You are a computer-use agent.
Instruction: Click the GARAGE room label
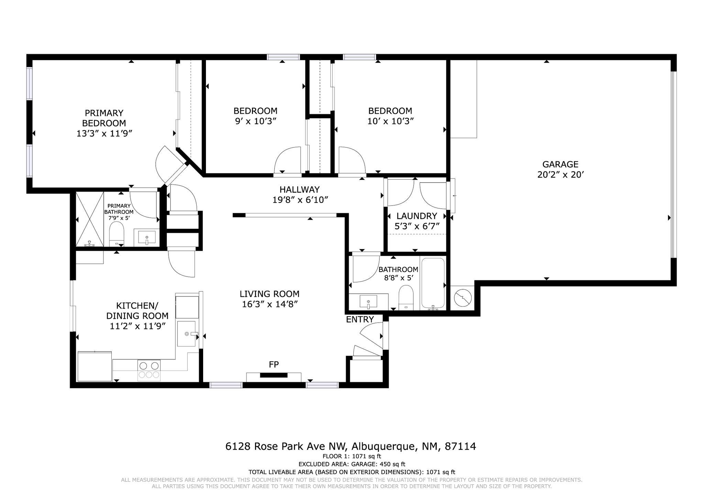pos(560,164)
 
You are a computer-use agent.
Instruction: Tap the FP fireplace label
pos(274,365)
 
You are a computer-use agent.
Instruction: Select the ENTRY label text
pos(360,320)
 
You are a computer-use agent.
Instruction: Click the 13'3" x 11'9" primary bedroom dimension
pos(104,133)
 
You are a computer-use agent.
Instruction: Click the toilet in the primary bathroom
pos(117,234)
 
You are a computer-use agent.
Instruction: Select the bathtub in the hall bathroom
pos(433,284)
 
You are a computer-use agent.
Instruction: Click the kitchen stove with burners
pos(149,370)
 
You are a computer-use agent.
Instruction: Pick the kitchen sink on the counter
pos(187,334)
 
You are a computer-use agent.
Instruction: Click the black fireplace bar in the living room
pos(274,375)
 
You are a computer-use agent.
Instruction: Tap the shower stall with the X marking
pos(89,219)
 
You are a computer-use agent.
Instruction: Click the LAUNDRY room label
pos(417,216)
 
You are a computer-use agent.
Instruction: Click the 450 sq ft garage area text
pos(392,464)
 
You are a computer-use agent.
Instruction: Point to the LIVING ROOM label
pos(269,294)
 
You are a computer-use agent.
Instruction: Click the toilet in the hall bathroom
pos(406,297)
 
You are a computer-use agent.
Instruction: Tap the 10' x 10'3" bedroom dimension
pos(390,121)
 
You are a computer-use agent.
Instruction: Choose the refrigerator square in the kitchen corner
pos(95,366)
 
